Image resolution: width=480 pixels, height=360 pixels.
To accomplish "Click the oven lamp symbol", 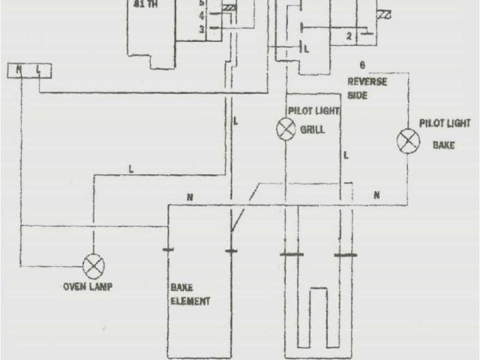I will (94, 266).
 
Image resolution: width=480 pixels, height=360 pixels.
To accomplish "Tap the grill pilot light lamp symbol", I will (286, 129).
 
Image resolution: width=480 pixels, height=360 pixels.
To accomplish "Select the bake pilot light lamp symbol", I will (408, 140).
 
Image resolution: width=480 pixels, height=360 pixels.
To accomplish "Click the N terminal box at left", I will (17, 70).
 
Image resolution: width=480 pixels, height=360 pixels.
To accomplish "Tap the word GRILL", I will (312, 129).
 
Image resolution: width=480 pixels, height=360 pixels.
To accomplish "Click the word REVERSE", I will (367, 82).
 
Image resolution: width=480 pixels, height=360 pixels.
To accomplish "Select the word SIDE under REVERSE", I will (358, 95).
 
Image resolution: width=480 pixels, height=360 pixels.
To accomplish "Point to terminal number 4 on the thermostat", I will (202, 14).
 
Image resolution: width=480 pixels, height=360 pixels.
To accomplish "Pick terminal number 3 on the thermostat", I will (202, 28).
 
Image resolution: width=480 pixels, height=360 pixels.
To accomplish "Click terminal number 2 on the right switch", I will (349, 36).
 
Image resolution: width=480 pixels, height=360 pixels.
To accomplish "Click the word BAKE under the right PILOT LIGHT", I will (444, 146).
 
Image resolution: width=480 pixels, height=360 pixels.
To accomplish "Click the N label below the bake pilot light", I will (376, 195).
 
